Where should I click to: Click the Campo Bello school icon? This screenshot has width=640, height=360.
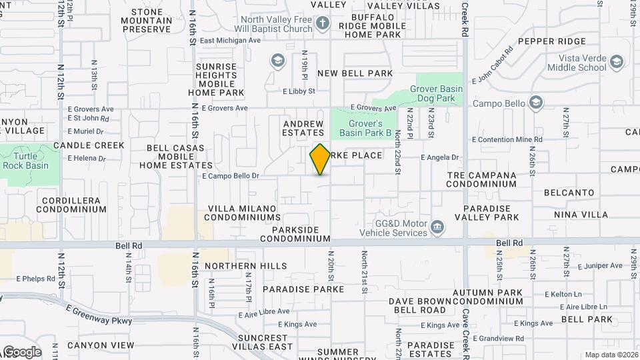coord(535,103)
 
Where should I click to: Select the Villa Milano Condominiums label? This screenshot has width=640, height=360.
coord(242,213)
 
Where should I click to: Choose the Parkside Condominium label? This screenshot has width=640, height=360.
coord(295,234)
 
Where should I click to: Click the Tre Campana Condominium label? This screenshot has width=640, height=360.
coord(482,180)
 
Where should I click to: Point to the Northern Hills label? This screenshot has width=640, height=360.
coord(246,266)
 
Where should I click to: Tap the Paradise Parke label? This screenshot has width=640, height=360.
coord(303,289)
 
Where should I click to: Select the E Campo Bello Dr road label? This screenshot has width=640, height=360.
coord(230,176)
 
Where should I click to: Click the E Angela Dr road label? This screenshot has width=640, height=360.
coord(440,158)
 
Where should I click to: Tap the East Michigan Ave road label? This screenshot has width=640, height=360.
coord(229,40)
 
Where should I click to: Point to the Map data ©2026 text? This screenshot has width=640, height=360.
coord(611,355)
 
